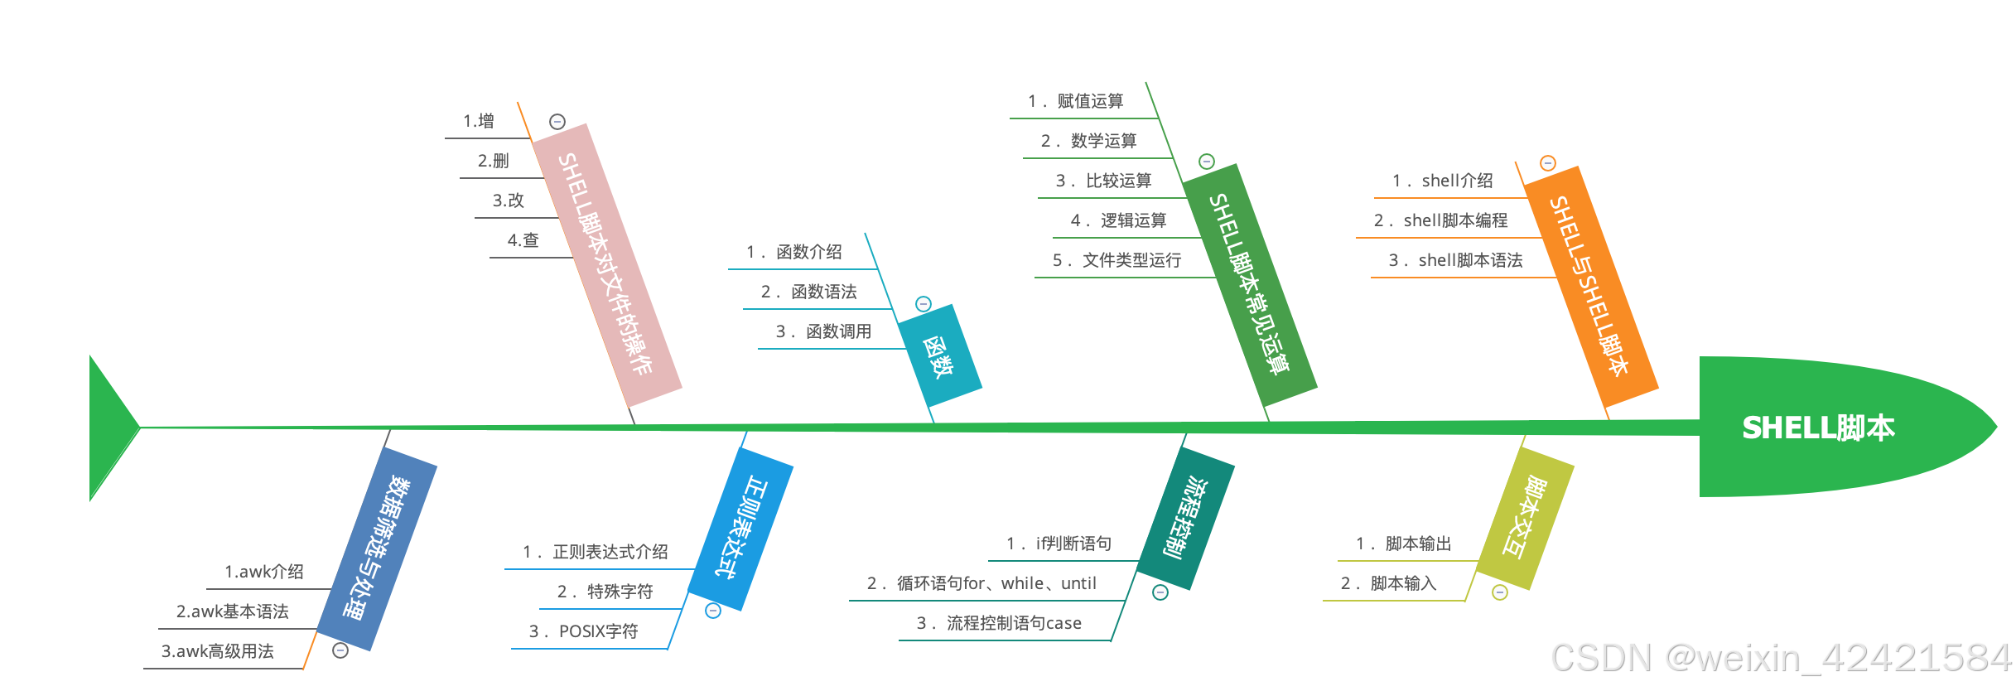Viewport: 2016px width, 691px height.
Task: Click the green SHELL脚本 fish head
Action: (1822, 428)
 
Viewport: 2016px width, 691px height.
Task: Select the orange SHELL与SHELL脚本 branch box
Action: (1590, 286)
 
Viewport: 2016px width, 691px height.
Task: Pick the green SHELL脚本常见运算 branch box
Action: (1250, 284)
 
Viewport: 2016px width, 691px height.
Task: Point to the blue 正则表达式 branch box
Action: (740, 528)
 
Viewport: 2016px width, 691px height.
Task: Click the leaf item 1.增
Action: (479, 121)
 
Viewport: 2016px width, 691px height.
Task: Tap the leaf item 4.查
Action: (523, 240)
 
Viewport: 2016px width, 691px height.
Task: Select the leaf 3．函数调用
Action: (824, 331)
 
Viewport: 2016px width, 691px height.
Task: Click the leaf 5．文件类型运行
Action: (1117, 260)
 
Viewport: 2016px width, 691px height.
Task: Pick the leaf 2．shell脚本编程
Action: (1441, 220)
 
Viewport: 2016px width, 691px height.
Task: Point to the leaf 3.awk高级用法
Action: (218, 651)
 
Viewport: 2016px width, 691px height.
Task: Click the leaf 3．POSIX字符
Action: (584, 631)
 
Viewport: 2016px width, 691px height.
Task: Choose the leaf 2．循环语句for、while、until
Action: (982, 583)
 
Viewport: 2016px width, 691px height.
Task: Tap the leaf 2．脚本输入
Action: (1389, 583)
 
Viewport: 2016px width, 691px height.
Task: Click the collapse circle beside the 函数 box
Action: (924, 304)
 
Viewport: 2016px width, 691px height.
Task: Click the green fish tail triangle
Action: (110, 428)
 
